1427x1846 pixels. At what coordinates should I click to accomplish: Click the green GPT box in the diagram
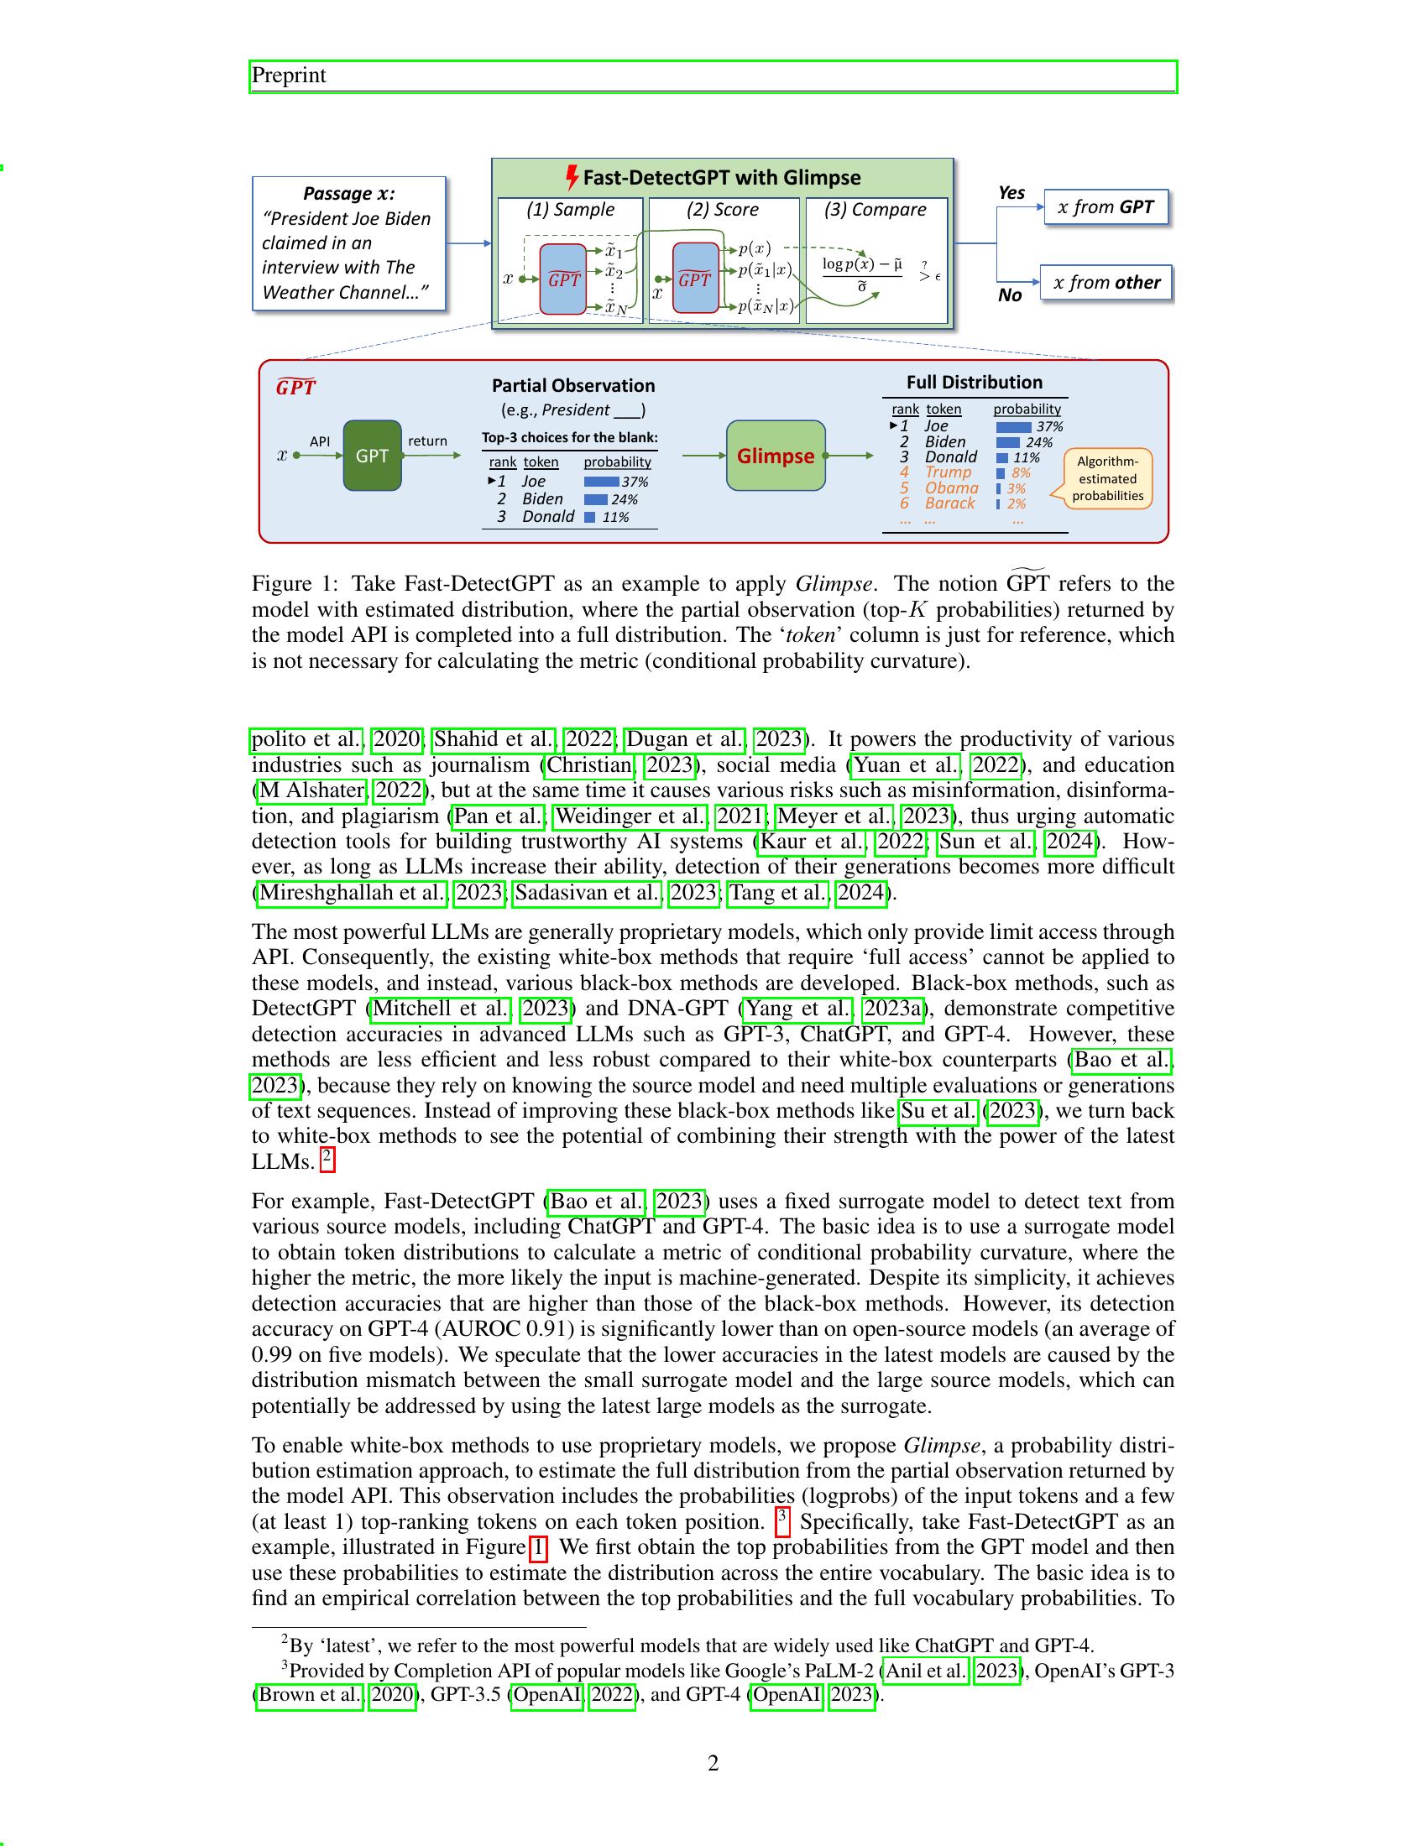[x=372, y=456]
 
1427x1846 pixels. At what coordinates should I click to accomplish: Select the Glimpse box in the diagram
[x=776, y=456]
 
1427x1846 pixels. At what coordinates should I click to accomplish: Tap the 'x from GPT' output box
[x=1106, y=207]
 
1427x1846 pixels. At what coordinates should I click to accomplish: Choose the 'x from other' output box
[x=1106, y=282]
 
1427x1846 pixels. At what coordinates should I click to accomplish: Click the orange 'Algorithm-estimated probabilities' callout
[x=1107, y=478]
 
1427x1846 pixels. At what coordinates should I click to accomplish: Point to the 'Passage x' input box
[x=348, y=243]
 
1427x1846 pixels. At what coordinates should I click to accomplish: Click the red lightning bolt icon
[x=572, y=178]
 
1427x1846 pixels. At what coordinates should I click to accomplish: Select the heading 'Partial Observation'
[x=573, y=385]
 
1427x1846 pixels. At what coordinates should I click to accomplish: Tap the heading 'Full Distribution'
[x=974, y=382]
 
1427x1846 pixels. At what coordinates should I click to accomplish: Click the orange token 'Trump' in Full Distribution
[x=948, y=472]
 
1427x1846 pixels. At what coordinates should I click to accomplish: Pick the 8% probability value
[x=1021, y=473]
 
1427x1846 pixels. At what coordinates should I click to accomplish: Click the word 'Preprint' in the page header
[x=288, y=76]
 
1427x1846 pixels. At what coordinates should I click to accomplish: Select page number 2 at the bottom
[x=713, y=1763]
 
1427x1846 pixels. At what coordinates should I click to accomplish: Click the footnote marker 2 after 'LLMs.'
[x=328, y=1160]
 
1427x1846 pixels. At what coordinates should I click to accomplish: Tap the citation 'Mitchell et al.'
[x=442, y=1009]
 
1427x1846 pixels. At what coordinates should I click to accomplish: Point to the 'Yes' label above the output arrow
[x=1011, y=193]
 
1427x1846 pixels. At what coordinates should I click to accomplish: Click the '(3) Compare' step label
[x=875, y=210]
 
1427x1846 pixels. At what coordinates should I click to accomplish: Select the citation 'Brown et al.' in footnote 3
[x=311, y=1696]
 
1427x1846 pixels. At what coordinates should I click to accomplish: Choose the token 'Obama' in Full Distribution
[x=951, y=488]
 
